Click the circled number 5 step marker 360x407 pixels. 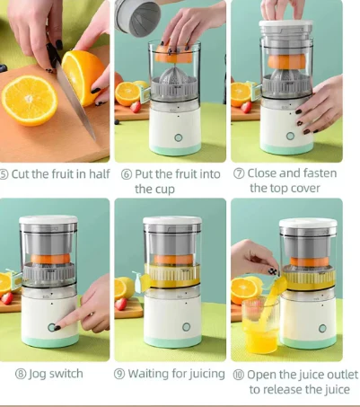click(x=5, y=174)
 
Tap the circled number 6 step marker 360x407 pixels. click(x=126, y=174)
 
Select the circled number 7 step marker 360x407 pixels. click(x=239, y=174)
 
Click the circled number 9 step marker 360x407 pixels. click(x=119, y=373)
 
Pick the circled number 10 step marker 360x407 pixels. click(x=238, y=374)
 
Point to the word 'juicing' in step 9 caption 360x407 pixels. click(x=203, y=373)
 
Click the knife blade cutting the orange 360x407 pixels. click(x=79, y=103)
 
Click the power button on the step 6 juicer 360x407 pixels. click(x=177, y=139)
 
